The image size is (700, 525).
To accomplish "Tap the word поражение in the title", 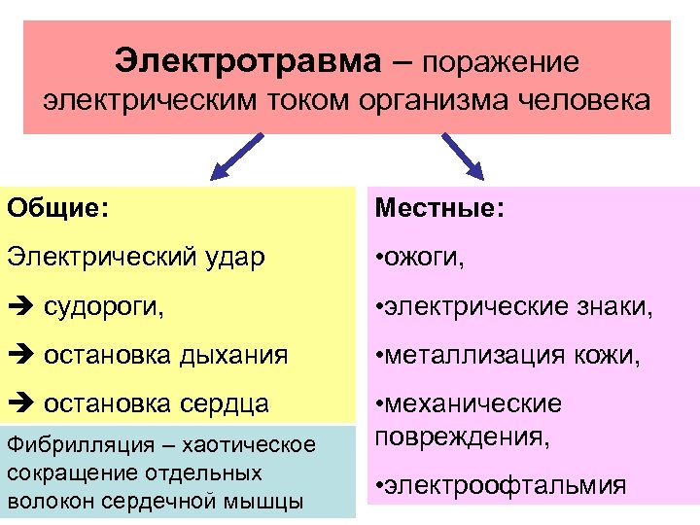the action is tap(501, 62).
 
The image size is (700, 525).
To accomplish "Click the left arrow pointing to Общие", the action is tap(236, 157).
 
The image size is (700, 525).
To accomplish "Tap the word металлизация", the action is tap(476, 356).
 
